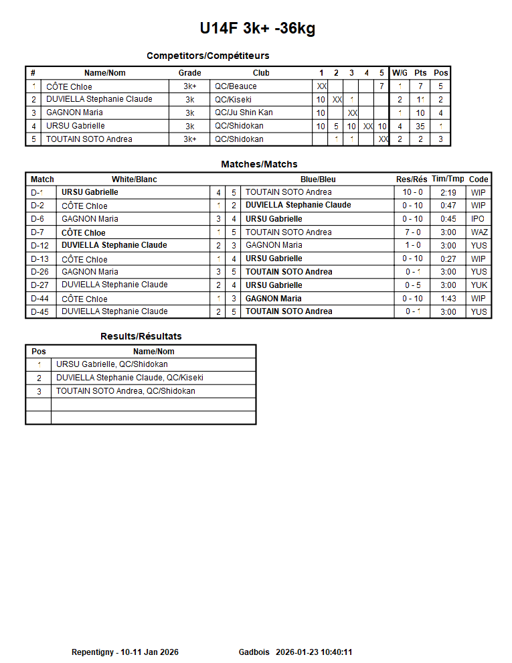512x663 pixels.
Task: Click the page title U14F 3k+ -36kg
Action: click(x=257, y=28)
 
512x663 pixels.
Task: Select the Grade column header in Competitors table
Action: click(x=189, y=73)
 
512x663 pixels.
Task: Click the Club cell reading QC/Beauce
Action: click(x=236, y=86)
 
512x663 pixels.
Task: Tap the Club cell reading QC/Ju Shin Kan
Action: click(x=244, y=113)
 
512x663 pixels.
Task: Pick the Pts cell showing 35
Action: click(x=420, y=126)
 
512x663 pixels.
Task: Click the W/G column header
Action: click(x=400, y=73)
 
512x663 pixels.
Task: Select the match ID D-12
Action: click(x=40, y=245)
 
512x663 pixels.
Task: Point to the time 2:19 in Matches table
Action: click(x=448, y=192)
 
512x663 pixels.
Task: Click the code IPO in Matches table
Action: click(x=479, y=219)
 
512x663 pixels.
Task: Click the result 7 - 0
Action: click(x=412, y=232)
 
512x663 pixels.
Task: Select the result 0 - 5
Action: click(x=412, y=285)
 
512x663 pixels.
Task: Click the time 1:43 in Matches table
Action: click(x=448, y=299)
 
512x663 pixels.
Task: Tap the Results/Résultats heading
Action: click(x=141, y=336)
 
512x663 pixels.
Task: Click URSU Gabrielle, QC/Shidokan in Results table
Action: click(x=112, y=364)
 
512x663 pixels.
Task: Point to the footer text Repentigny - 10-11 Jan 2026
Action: click(x=125, y=652)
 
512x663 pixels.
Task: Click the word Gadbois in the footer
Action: click(x=254, y=652)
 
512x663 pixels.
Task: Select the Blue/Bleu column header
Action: click(x=318, y=179)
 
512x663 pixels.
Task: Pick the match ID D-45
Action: click(x=40, y=311)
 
